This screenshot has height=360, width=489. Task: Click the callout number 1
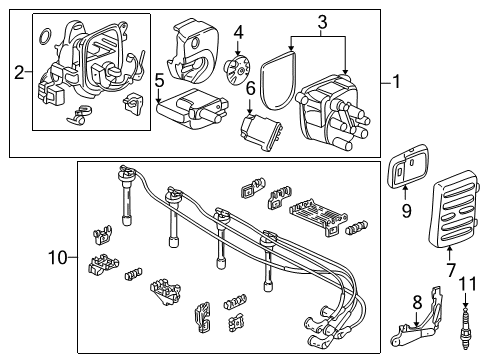(397, 83)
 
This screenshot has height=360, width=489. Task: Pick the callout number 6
(251, 90)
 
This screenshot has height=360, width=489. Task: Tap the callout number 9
(406, 211)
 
